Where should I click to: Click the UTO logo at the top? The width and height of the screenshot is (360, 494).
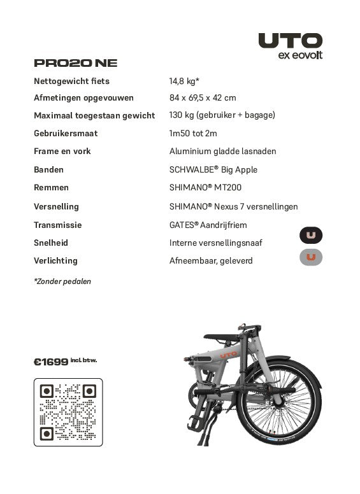point(290,41)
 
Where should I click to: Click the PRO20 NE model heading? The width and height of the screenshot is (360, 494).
point(75,63)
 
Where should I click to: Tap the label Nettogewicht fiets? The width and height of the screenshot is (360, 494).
point(71,81)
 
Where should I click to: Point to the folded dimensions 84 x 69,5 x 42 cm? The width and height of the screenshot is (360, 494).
point(203,98)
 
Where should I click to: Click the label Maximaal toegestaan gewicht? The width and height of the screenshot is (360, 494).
point(94,115)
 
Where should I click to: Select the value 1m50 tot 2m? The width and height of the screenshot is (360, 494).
point(193,133)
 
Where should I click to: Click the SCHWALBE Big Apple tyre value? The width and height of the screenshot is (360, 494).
point(213,169)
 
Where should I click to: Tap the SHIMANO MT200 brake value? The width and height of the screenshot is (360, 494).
point(205,187)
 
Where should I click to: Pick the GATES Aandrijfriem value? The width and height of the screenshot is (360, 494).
point(208,225)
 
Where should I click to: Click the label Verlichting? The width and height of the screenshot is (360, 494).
point(55,260)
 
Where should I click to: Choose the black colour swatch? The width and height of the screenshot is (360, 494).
point(311,236)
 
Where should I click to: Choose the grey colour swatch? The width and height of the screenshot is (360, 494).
point(311,257)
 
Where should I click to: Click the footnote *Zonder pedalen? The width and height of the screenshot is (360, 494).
point(62,281)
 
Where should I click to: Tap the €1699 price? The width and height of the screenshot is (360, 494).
point(51,362)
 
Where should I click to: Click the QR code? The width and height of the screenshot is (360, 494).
point(68,413)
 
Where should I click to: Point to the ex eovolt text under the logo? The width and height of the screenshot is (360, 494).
point(301,55)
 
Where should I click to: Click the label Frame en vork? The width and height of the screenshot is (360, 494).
point(62,151)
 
